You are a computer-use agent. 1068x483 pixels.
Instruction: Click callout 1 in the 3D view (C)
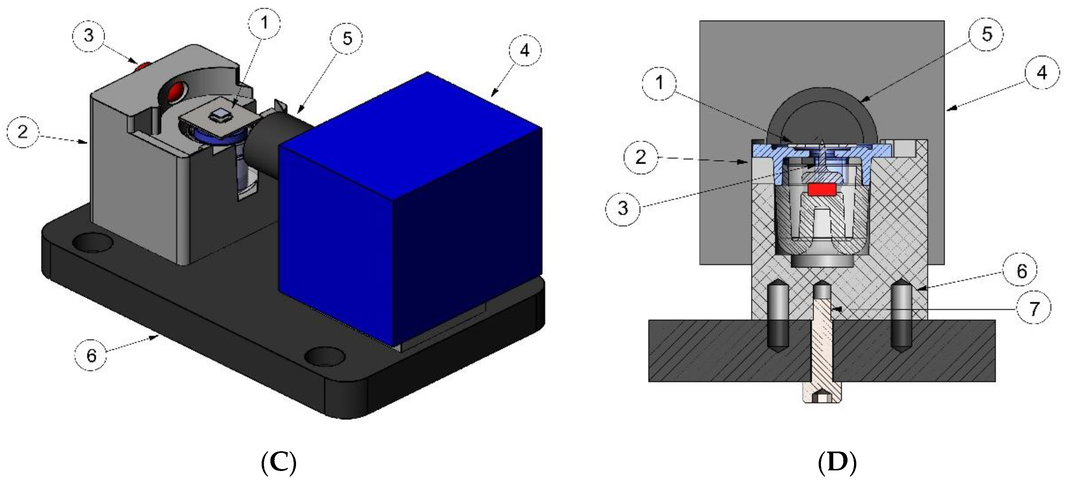(x=264, y=23)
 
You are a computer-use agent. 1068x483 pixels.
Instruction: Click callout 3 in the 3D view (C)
(x=88, y=36)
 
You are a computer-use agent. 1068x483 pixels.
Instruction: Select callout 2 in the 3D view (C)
(x=23, y=132)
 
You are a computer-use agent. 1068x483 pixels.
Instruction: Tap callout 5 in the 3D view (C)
(x=347, y=39)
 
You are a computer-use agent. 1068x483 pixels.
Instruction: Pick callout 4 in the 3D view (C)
(x=525, y=51)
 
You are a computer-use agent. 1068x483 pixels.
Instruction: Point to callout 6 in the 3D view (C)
(x=91, y=355)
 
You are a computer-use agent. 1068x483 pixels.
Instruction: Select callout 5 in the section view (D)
(x=987, y=34)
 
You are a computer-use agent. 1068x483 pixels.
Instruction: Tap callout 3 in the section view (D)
(x=623, y=208)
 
